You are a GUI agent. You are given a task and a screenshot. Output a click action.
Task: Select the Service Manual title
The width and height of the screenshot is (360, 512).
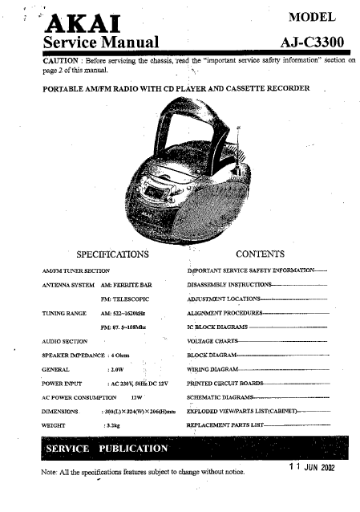pos(100,42)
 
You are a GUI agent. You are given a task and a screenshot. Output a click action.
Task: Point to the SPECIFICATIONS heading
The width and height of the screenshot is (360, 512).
pos(112,254)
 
